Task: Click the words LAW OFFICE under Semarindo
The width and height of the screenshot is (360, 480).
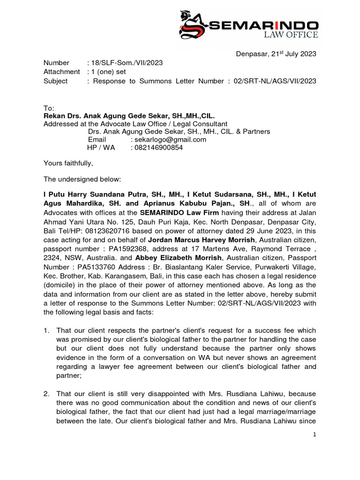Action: [291, 35]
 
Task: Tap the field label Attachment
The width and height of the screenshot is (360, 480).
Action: [61, 72]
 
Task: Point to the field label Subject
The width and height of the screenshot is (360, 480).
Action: [55, 81]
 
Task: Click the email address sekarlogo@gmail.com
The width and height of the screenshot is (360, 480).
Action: [168, 140]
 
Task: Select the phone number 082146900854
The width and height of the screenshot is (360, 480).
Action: [157, 148]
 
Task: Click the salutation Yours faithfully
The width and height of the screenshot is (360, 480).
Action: [68, 163]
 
